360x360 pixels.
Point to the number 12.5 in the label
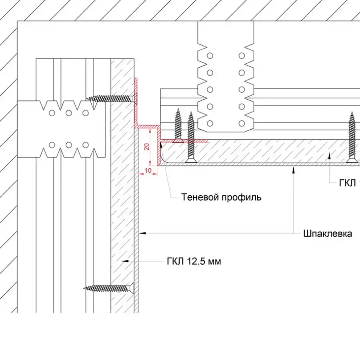pyautogui.click(x=196, y=262)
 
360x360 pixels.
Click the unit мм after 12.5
pyautogui.click(x=214, y=262)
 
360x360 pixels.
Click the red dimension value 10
pyautogui.click(x=148, y=171)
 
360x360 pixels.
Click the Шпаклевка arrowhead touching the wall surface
pyautogui.click(x=142, y=232)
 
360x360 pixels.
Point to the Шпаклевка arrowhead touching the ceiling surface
pyautogui.click(x=294, y=169)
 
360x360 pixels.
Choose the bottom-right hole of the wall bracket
pyautogui.click(x=85, y=144)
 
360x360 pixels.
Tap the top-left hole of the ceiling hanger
pyautogui.click(x=209, y=55)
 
